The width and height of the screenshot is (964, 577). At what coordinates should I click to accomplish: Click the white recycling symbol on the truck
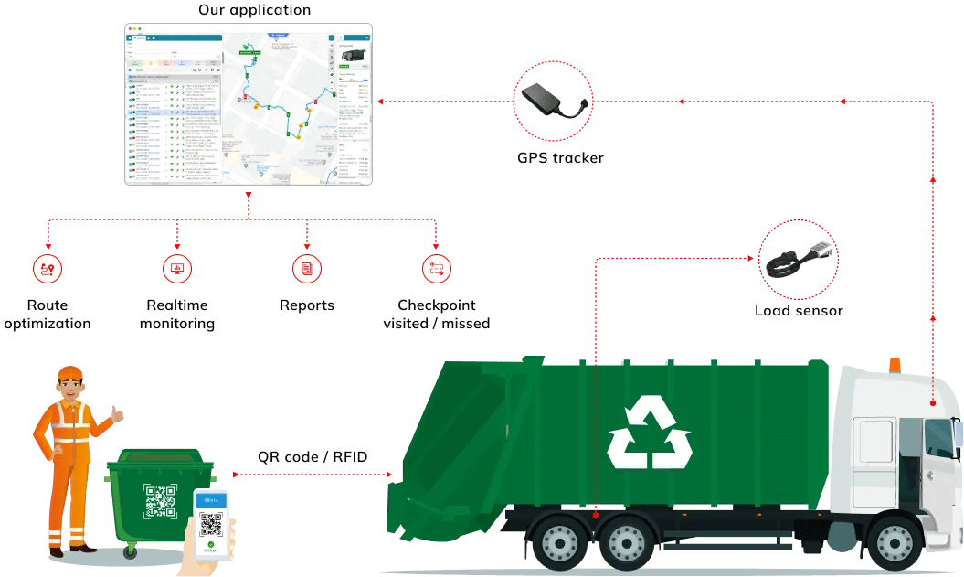pyautogui.click(x=650, y=433)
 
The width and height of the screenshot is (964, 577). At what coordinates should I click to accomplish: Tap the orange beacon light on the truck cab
pyautogui.click(x=893, y=363)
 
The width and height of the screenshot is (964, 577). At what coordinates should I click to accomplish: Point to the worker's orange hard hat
pyautogui.click(x=70, y=374)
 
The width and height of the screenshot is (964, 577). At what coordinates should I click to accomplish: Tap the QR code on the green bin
pyautogui.click(x=159, y=502)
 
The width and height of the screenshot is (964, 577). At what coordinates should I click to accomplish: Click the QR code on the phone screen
pyautogui.click(x=212, y=525)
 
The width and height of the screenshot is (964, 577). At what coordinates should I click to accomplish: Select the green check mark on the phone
pyautogui.click(x=212, y=546)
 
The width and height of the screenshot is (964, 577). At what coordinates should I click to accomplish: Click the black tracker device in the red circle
pyautogui.click(x=550, y=100)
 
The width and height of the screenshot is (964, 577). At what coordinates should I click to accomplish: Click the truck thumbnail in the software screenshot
pyautogui.click(x=351, y=56)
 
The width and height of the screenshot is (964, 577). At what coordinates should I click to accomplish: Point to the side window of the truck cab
pyautogui.click(x=874, y=446)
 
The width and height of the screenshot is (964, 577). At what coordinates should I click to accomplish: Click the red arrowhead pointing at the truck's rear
pyautogui.click(x=392, y=475)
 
